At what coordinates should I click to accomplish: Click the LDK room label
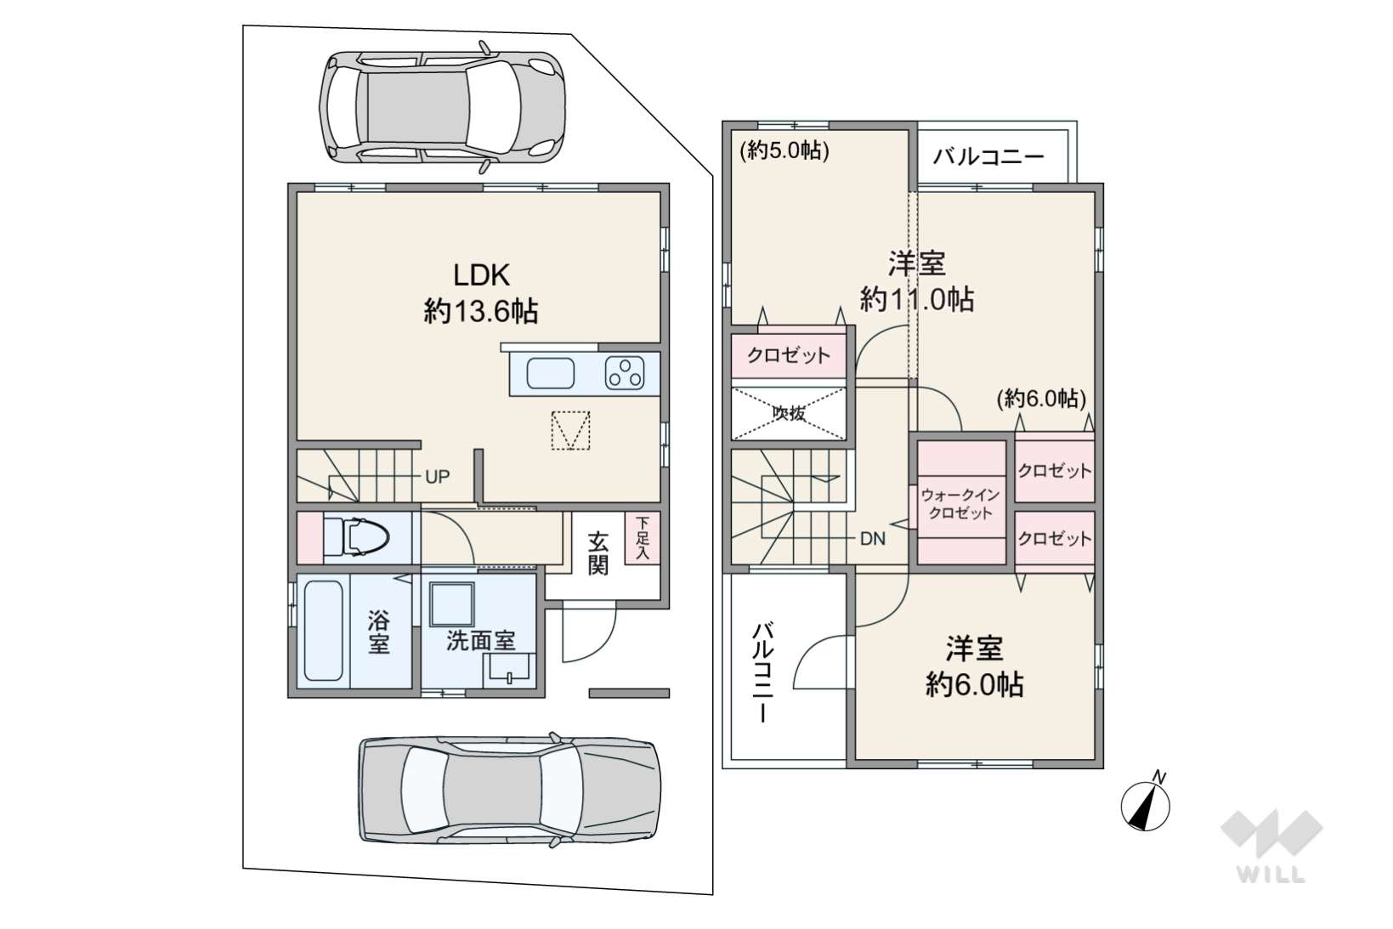(481, 275)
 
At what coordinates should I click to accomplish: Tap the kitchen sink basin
(551, 374)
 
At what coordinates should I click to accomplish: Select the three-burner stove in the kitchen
(625, 374)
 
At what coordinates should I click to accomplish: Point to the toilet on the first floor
(356, 537)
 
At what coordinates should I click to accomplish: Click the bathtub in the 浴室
(323, 631)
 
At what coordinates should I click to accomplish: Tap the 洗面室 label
(481, 641)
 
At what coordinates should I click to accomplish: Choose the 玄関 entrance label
(597, 552)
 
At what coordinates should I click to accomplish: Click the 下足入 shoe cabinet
(643, 539)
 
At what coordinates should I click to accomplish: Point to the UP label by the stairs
(437, 477)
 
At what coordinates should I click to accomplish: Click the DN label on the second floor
(873, 539)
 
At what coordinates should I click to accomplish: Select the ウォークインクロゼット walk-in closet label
(960, 504)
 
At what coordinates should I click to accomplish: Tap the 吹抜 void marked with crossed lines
(789, 414)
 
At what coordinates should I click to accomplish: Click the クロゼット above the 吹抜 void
(789, 355)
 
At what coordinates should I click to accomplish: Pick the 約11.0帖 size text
(917, 300)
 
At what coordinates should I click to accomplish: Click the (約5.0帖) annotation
(784, 150)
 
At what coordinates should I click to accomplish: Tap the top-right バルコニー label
(988, 156)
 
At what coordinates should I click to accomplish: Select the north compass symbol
(1146, 805)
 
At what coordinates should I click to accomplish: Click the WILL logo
(1271, 846)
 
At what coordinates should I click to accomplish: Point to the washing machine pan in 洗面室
(451, 604)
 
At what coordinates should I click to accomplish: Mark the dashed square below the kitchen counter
(570, 430)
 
